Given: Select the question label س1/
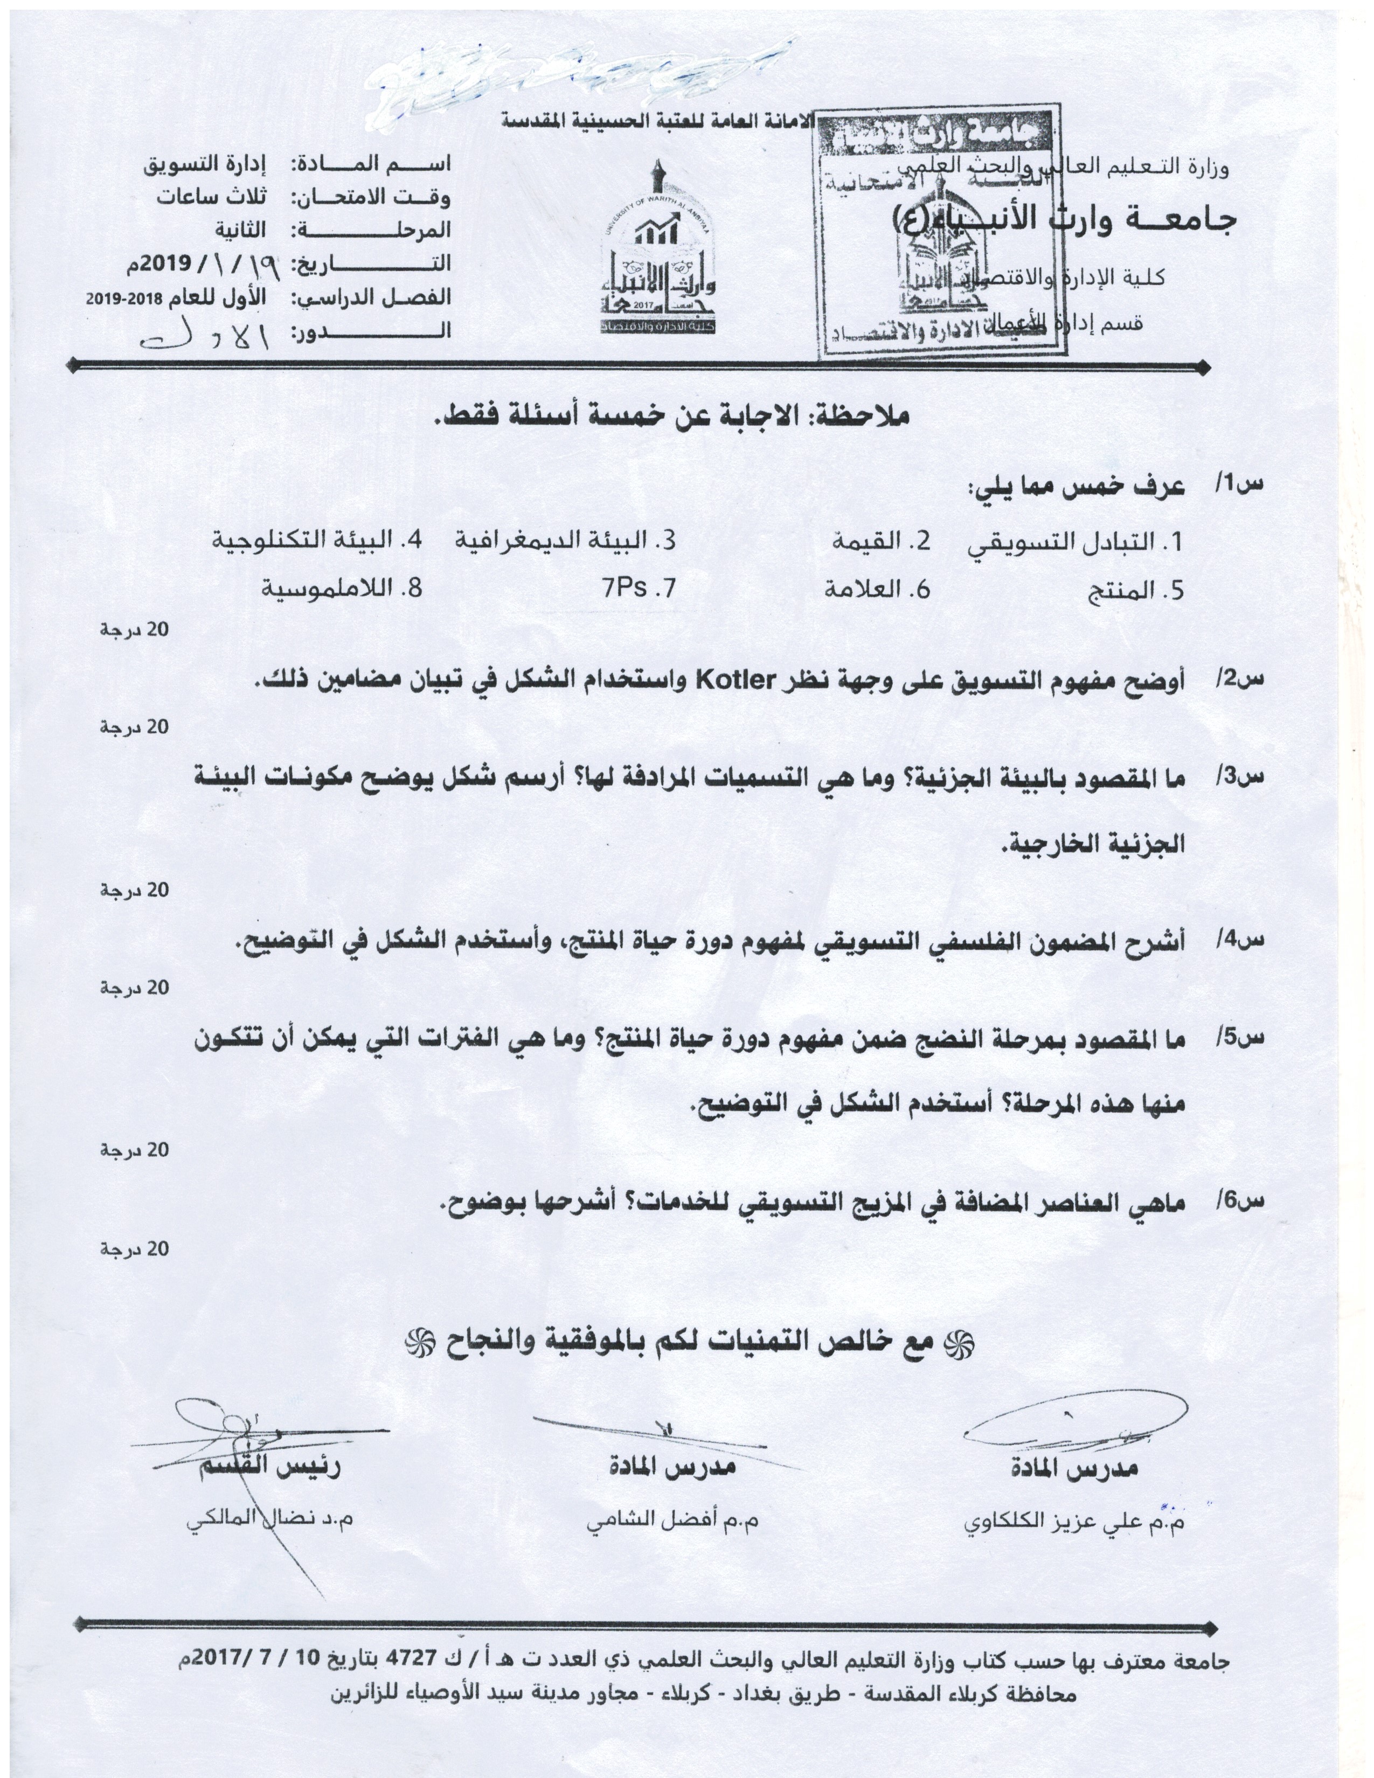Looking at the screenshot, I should (1240, 486).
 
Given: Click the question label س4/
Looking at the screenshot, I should (1240, 941).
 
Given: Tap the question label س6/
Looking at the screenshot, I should (1240, 1201).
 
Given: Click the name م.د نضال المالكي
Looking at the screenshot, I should (269, 1521).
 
